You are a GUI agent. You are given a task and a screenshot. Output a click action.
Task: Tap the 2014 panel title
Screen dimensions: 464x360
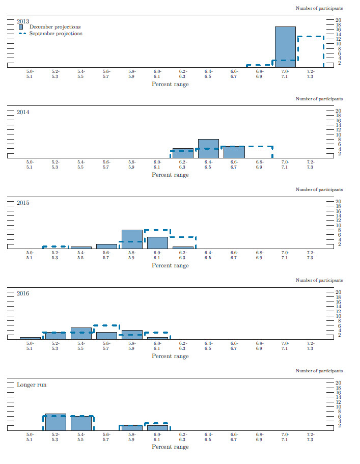pos(23,112)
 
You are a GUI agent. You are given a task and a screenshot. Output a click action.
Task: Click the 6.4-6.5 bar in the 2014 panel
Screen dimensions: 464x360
pos(208,148)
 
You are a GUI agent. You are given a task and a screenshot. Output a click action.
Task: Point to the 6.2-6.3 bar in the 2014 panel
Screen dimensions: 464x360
pos(183,153)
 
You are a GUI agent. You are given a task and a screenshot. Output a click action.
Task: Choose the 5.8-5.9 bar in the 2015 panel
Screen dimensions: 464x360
pos(132,239)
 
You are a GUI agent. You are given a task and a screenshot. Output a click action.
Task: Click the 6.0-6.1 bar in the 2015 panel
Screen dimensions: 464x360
pos(157,242)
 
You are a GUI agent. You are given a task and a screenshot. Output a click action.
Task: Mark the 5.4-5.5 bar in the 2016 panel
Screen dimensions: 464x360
pos(81,334)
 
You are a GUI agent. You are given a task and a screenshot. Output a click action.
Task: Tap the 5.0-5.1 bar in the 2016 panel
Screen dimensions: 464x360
pos(30,338)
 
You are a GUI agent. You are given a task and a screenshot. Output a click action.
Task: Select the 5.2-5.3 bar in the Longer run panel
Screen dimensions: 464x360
pos(56,422)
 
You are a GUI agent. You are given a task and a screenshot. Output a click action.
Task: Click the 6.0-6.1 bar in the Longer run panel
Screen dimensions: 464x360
pos(157,427)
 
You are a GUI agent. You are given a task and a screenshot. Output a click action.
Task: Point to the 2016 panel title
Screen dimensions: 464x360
pos(23,294)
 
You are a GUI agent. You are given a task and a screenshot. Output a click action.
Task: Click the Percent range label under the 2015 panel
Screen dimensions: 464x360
pos(170,265)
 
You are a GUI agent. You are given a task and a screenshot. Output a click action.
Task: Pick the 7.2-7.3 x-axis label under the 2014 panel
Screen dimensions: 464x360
pos(310,165)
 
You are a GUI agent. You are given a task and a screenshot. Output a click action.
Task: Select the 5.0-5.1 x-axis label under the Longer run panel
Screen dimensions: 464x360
pos(30,436)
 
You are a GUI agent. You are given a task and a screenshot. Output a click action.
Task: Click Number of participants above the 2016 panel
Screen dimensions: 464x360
pos(319,280)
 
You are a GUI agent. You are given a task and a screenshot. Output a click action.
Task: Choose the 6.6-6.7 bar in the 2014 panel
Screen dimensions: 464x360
pos(234,152)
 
